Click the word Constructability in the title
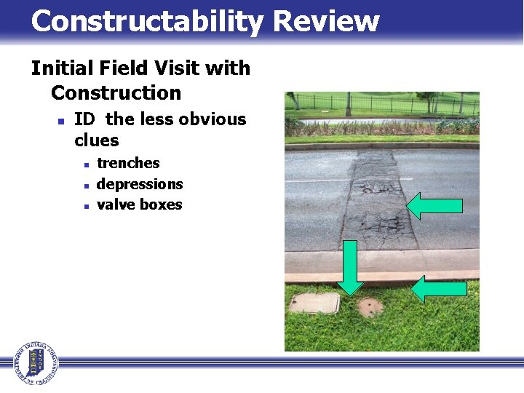click(x=146, y=22)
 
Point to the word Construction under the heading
click(x=116, y=93)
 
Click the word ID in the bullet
click(x=84, y=119)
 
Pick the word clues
click(x=96, y=140)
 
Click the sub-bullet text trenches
click(x=128, y=163)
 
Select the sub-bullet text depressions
click(x=140, y=184)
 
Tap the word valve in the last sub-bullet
click(x=116, y=205)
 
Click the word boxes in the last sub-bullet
click(x=161, y=205)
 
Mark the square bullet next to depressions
click(x=86, y=186)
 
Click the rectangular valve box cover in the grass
click(x=314, y=303)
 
